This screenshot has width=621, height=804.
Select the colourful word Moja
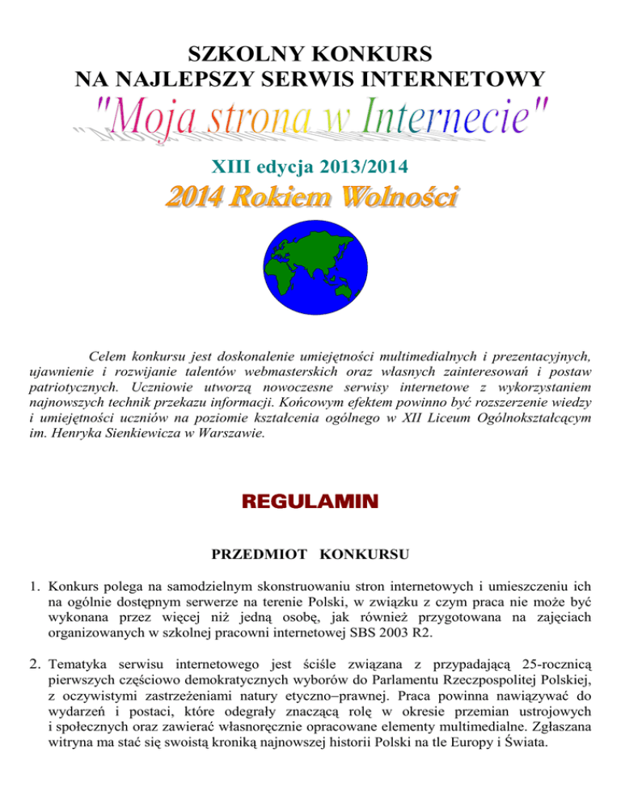148,122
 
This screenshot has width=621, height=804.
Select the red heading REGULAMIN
310,503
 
